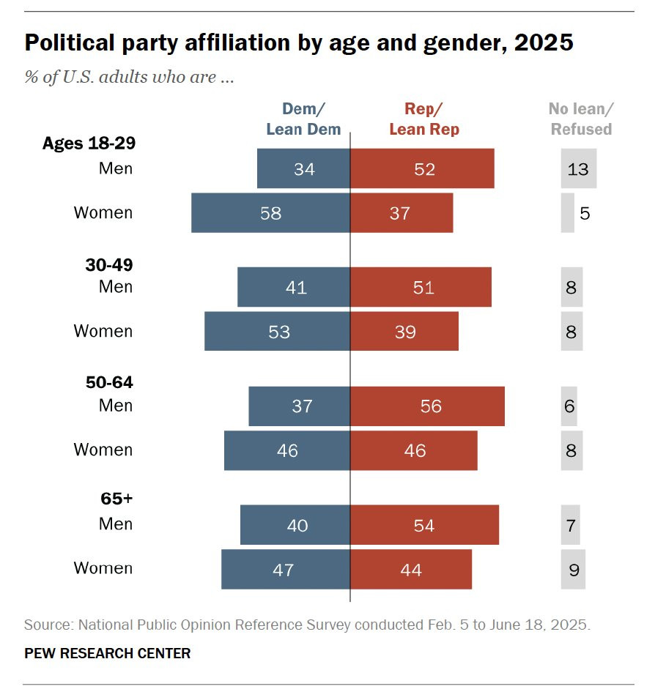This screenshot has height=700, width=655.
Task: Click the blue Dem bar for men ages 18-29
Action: pyautogui.click(x=303, y=168)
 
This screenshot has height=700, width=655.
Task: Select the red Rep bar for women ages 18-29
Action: pyautogui.click(x=401, y=213)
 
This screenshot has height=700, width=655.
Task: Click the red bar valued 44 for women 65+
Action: pyautogui.click(x=411, y=569)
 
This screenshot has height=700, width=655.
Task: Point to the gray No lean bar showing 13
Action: pyautogui.click(x=578, y=168)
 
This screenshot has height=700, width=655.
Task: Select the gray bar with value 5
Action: pyautogui.click(x=568, y=213)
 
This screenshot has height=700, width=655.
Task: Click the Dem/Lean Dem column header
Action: pyautogui.click(x=303, y=119)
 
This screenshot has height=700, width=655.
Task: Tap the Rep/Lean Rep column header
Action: pyautogui.click(x=424, y=119)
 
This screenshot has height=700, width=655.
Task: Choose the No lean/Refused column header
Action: pyautogui.click(x=581, y=119)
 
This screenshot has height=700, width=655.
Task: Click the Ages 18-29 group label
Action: pyautogui.click(x=89, y=143)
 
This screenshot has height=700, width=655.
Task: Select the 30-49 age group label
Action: pyautogui.click(x=109, y=264)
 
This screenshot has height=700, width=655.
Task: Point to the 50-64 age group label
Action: pyautogui.click(x=109, y=382)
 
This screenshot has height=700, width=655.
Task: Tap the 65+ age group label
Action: pyautogui.click(x=116, y=499)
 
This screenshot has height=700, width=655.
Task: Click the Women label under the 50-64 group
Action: pyautogui.click(x=103, y=450)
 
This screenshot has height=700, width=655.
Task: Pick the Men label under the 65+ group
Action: pyautogui.click(x=116, y=524)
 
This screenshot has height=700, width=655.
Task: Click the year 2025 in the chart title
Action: pyautogui.click(x=543, y=43)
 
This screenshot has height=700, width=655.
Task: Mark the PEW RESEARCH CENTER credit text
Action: pyautogui.click(x=107, y=653)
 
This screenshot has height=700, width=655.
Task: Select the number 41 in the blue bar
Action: pyautogui.click(x=296, y=287)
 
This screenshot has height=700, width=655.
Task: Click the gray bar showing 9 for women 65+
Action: pyautogui.click(x=573, y=569)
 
